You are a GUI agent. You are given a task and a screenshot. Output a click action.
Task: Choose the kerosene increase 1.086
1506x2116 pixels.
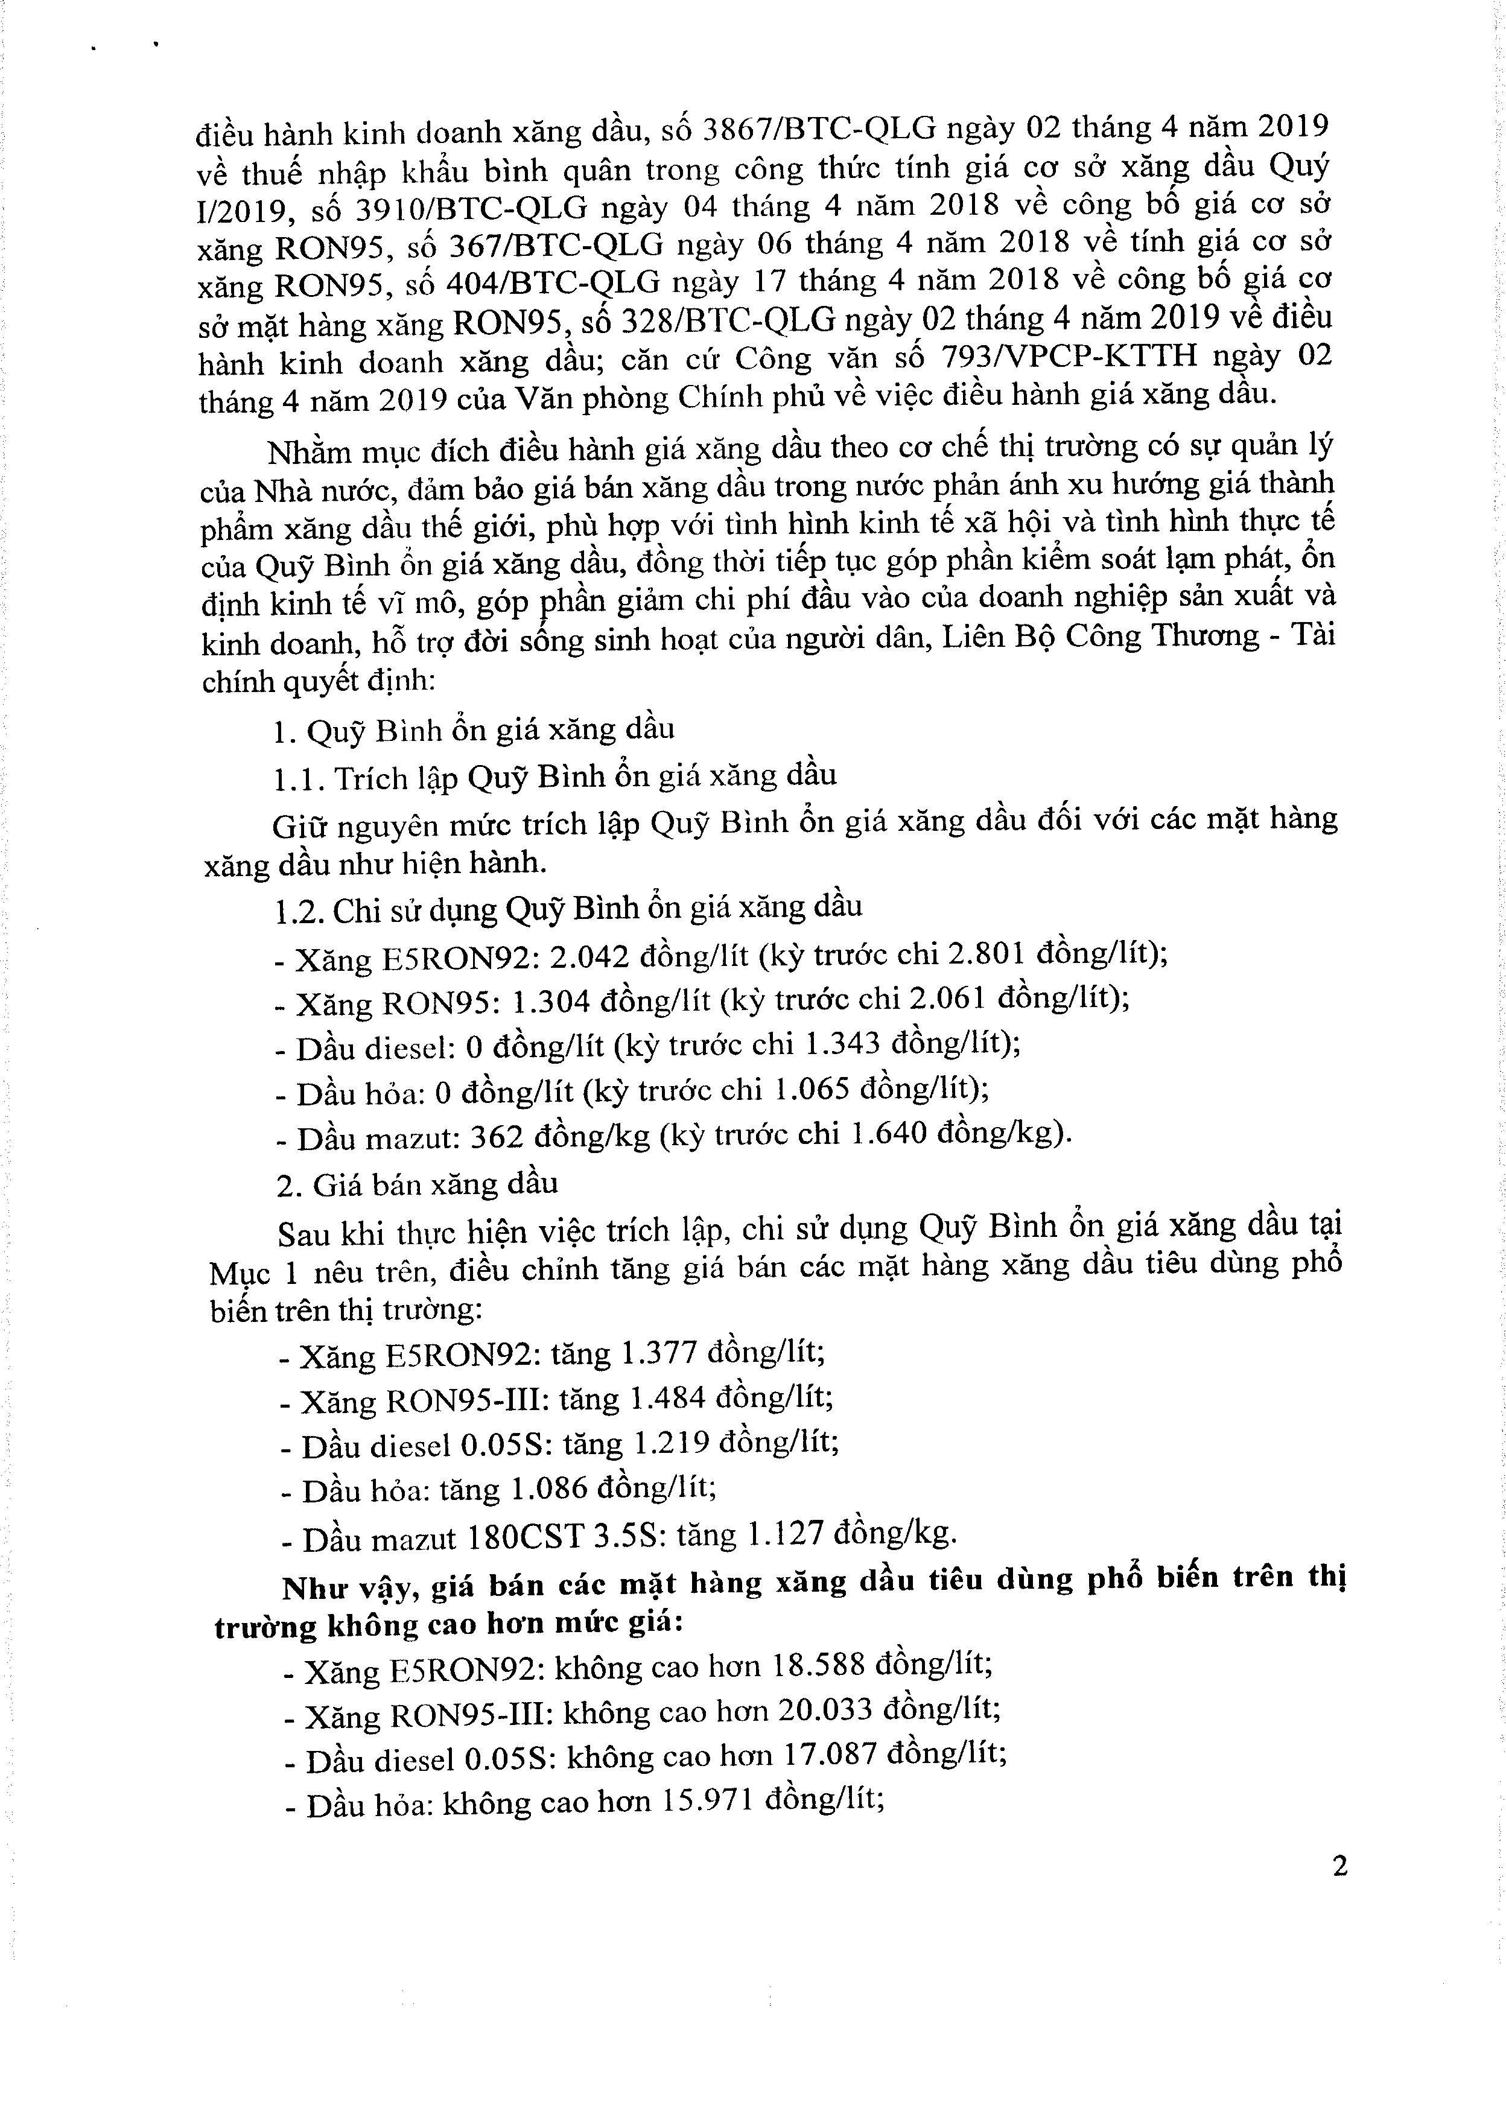tap(549, 1489)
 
